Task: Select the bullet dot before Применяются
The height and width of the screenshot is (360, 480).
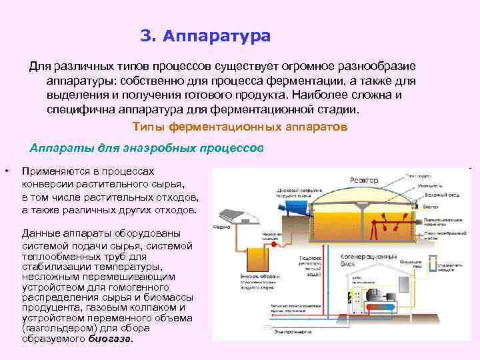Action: [6, 171]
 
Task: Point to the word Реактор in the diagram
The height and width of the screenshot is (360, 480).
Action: [364, 181]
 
